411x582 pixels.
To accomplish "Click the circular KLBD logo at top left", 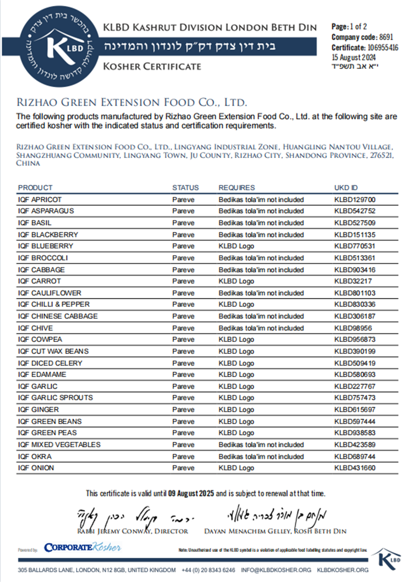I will (x=57, y=46).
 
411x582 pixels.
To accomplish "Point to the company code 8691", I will (x=386, y=37).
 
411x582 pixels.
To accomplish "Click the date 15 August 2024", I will (x=353, y=58).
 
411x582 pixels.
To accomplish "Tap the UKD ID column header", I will (x=346, y=188).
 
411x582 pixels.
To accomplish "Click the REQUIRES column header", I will (x=236, y=188).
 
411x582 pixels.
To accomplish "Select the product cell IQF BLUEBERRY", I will (x=45, y=246).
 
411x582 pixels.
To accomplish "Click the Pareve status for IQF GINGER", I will (x=183, y=410).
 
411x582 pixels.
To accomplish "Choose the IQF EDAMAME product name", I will (x=42, y=375).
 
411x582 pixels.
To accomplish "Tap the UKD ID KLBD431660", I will (x=355, y=468).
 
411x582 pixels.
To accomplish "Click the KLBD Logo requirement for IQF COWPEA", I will (x=236, y=340).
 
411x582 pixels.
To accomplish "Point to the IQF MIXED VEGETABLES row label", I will (x=59, y=445).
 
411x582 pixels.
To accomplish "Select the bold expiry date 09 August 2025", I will (x=191, y=493).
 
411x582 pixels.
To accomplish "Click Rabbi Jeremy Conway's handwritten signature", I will (x=132, y=517).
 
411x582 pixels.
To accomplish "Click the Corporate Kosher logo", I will (x=82, y=547).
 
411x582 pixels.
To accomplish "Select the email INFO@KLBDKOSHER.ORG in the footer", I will (x=276, y=570).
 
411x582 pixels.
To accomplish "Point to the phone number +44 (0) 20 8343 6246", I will (x=208, y=570).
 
